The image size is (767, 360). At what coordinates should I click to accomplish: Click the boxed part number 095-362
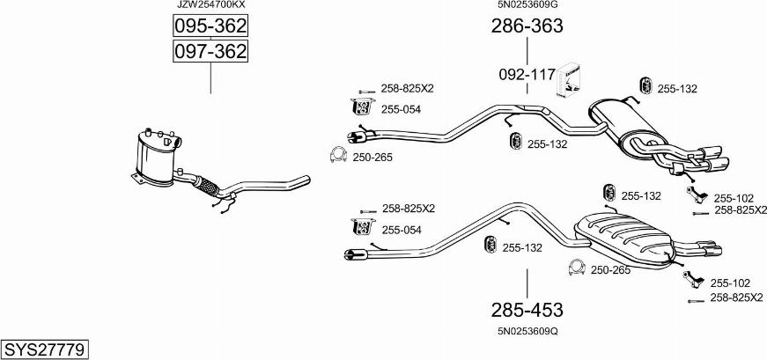[x=210, y=26]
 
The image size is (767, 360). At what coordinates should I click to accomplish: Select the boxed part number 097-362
[x=210, y=51]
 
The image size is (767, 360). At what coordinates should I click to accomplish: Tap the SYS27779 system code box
[x=45, y=350]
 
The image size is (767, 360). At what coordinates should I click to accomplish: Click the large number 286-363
[x=527, y=26]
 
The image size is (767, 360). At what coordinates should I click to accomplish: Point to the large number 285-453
[x=527, y=310]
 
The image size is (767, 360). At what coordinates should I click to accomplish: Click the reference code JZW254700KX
[x=210, y=5]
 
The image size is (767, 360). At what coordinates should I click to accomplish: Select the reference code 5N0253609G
[x=527, y=5]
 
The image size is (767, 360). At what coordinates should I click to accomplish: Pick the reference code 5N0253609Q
[x=527, y=331]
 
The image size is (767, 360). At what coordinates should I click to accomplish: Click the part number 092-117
[x=527, y=75]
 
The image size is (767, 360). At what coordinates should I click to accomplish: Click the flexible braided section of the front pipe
[x=209, y=187]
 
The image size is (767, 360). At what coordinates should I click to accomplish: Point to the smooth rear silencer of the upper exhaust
[x=624, y=126]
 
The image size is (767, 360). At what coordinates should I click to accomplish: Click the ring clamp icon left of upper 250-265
[x=338, y=155]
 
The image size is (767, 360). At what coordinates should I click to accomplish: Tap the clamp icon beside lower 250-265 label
[x=578, y=267]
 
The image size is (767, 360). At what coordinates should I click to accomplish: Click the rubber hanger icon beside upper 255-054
[x=363, y=107]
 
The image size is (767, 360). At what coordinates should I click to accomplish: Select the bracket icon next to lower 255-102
[x=694, y=280]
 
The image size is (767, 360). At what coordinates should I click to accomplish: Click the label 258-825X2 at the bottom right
[x=736, y=298]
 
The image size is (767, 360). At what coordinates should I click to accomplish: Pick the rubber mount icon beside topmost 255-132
[x=645, y=85]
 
